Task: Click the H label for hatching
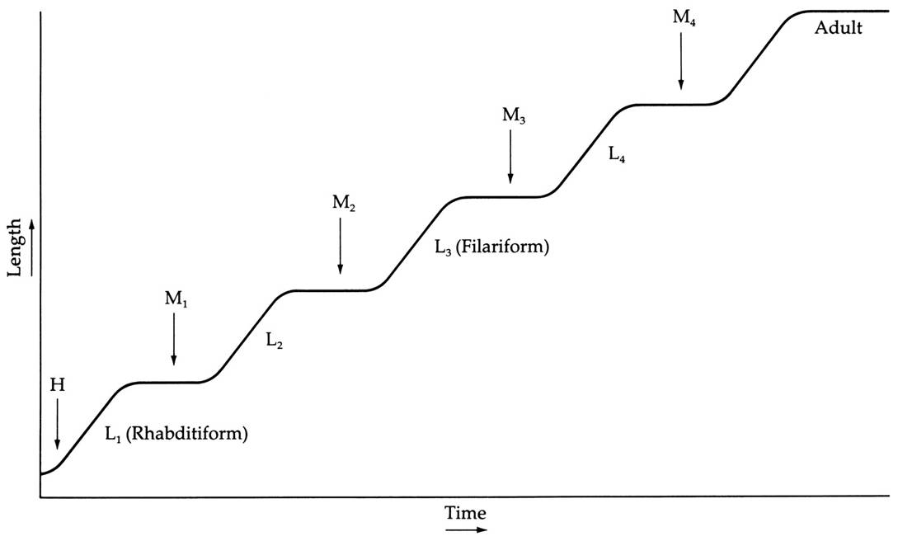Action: click(57, 384)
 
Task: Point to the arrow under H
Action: click(57, 424)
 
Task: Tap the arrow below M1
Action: click(174, 339)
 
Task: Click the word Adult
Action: click(838, 29)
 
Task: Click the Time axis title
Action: click(466, 513)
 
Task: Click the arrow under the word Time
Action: click(466, 529)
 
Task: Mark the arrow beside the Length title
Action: click(31, 248)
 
